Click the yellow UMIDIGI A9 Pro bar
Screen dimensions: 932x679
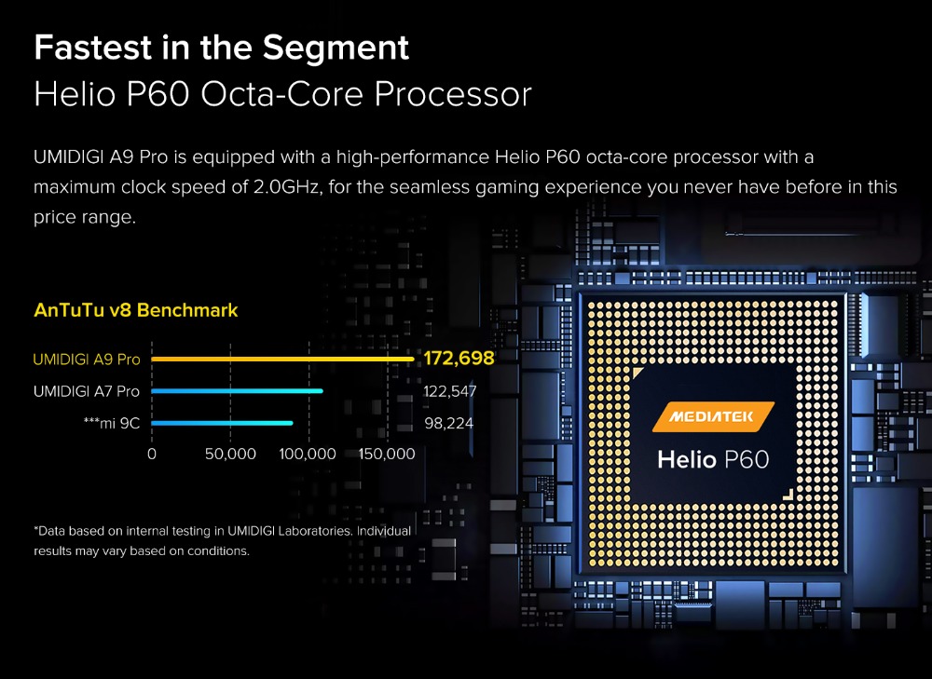[x=282, y=359]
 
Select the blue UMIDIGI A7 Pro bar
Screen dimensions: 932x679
[x=237, y=391]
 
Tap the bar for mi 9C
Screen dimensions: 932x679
[x=222, y=423]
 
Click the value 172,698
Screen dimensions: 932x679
[x=459, y=359]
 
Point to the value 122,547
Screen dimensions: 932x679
[x=449, y=391]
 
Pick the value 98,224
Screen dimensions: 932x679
[x=449, y=424]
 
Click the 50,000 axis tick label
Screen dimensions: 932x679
[x=230, y=455]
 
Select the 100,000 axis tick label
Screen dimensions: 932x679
[x=308, y=455]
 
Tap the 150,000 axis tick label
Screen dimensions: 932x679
[x=387, y=455]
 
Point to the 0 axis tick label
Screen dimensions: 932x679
[x=152, y=455]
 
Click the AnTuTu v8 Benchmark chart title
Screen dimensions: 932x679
[x=136, y=310]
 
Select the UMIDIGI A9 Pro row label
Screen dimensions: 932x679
[x=87, y=360]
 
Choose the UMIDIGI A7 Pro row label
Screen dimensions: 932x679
[x=87, y=391]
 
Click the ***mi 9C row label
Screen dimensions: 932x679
[x=112, y=424]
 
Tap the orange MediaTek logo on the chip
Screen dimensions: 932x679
[x=713, y=416]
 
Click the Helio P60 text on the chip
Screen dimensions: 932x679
[x=713, y=460]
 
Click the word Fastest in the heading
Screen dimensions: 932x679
[x=93, y=48]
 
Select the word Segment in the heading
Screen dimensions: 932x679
[x=336, y=48]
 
